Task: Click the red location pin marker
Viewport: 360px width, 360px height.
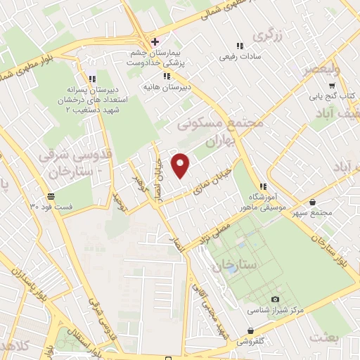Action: (x=181, y=165)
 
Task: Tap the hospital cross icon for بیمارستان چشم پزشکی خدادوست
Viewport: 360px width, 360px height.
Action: (x=155, y=41)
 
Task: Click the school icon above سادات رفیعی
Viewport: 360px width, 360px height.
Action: (x=240, y=46)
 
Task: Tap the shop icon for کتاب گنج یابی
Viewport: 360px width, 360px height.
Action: (x=351, y=82)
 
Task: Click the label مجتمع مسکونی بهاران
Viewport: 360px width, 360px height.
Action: (x=219, y=131)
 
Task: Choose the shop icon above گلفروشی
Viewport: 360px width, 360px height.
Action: (x=250, y=330)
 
